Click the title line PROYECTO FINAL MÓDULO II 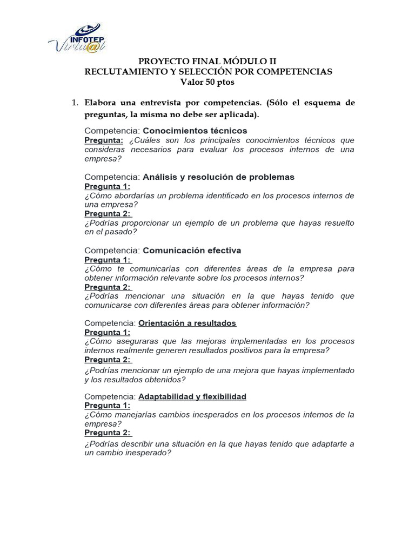tap(207, 61)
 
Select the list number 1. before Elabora tap(75, 103)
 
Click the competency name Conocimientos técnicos tap(195, 130)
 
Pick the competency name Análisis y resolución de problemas tap(218, 177)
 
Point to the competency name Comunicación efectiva tap(192, 251)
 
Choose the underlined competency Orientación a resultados tap(188, 323)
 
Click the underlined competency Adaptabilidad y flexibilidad tap(192, 396)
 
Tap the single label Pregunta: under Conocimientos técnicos tap(104, 140)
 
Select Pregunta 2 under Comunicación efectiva tap(108, 287)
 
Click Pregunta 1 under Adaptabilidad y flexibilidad tap(108, 406)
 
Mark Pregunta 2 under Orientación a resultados tap(108, 360)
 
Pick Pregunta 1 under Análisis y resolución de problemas tap(108, 186)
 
